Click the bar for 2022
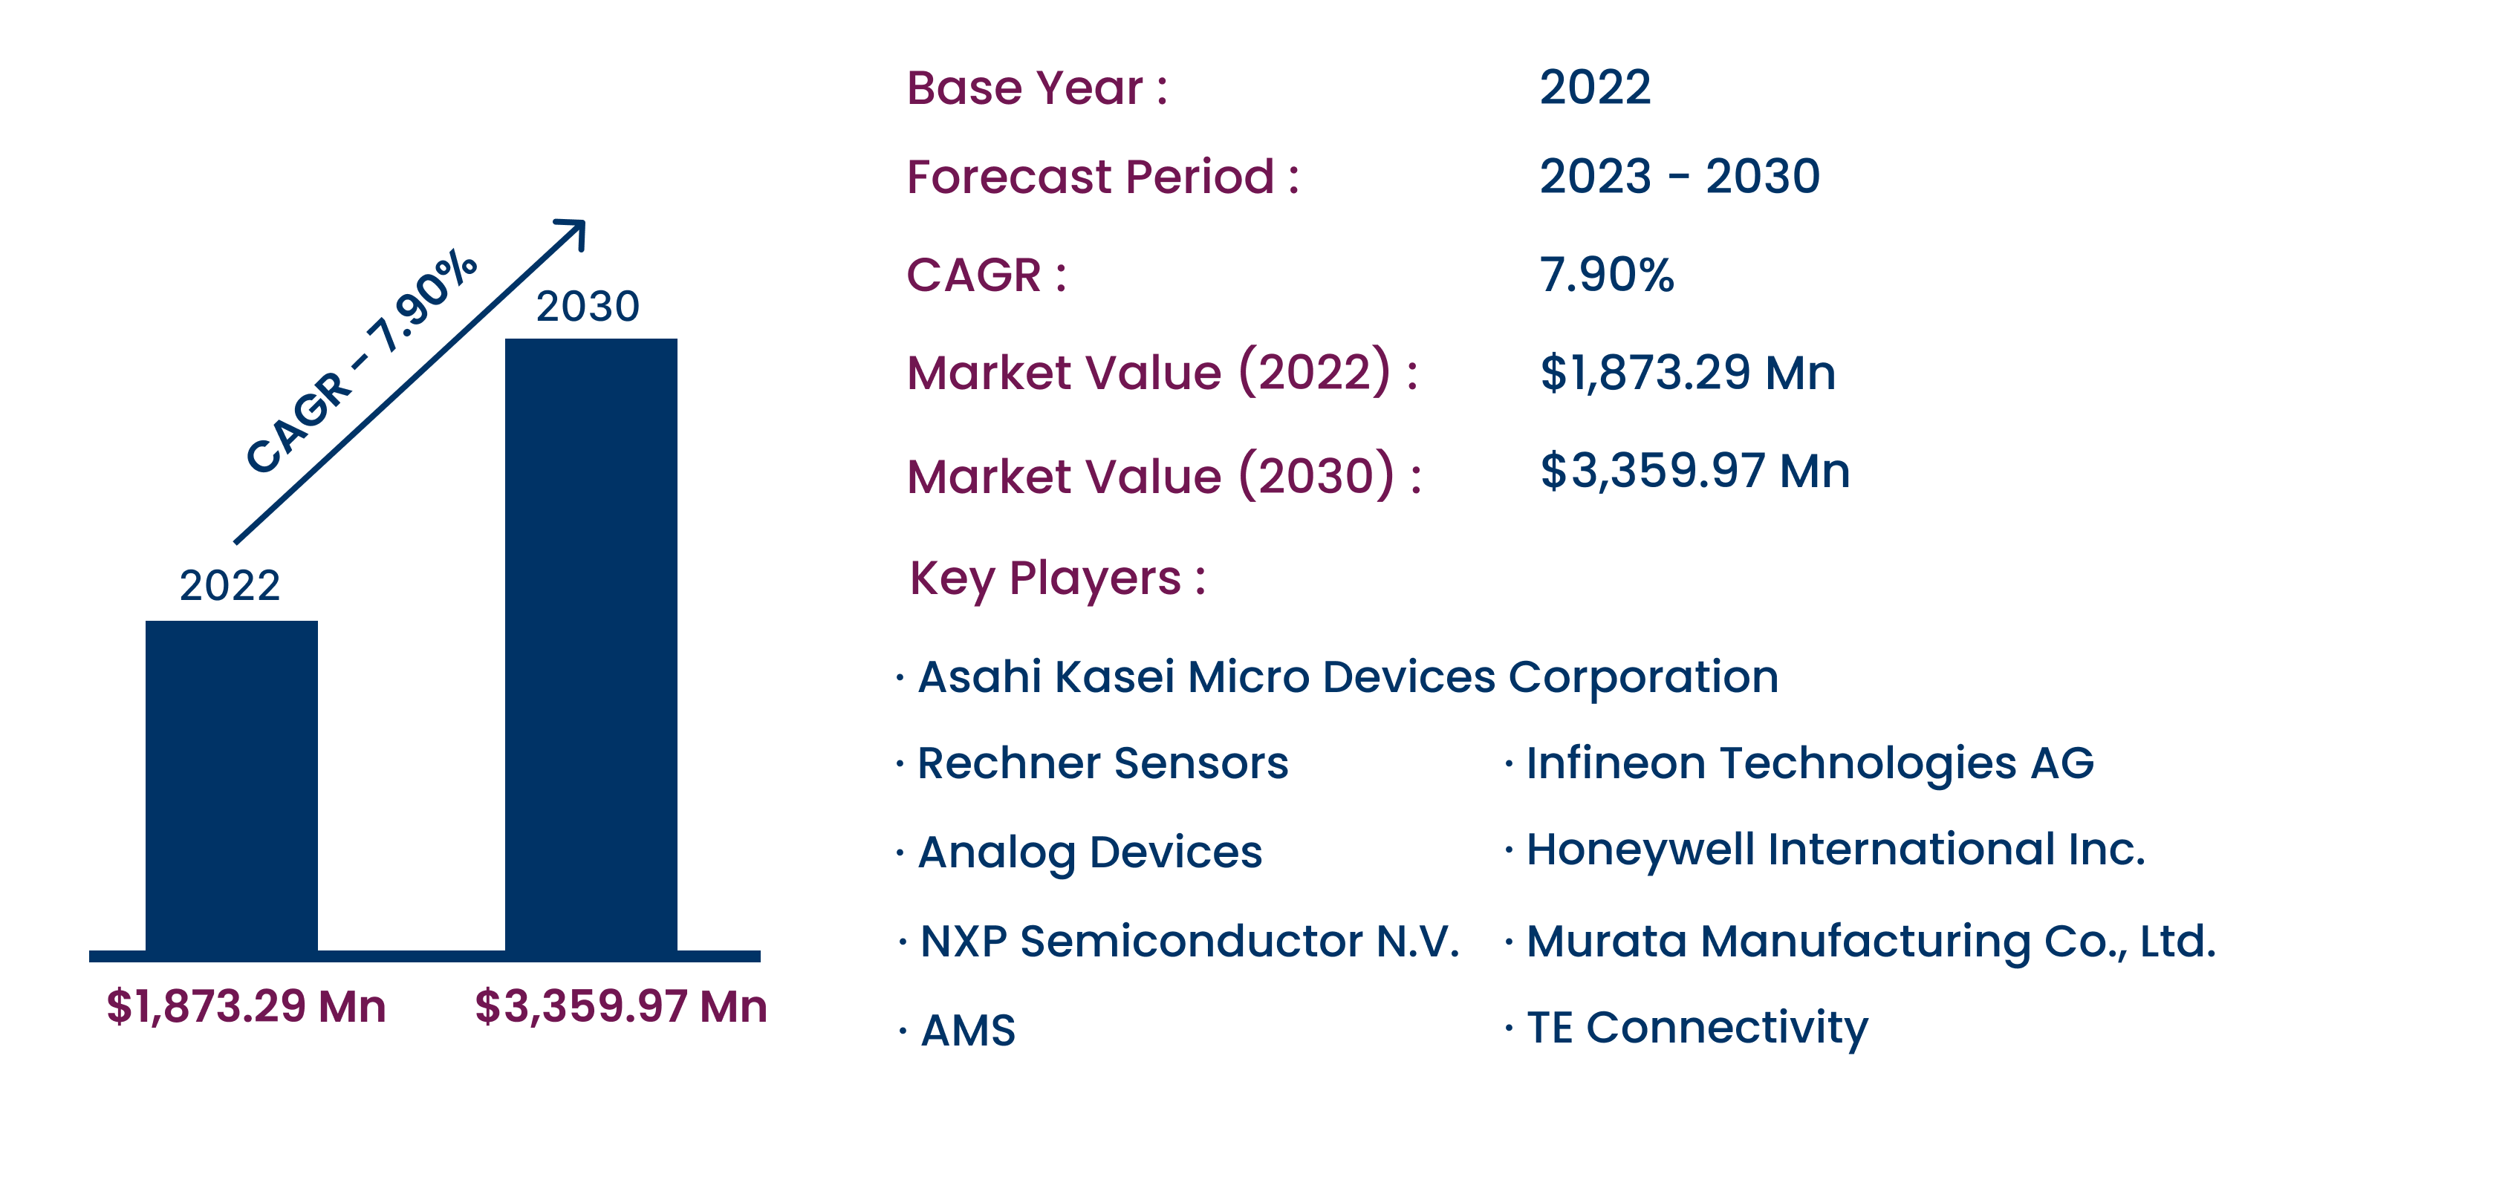(x=231, y=786)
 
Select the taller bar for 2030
(x=591, y=645)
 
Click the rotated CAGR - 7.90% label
(x=361, y=361)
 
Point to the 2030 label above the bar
(x=588, y=306)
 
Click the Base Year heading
(x=1036, y=88)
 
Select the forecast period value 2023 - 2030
(x=1680, y=176)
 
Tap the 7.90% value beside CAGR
(x=1607, y=275)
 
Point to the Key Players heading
(x=1057, y=578)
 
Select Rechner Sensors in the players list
(x=1102, y=763)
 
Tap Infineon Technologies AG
(x=1810, y=763)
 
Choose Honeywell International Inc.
(x=1835, y=850)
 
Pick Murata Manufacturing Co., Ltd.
(x=1871, y=942)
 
